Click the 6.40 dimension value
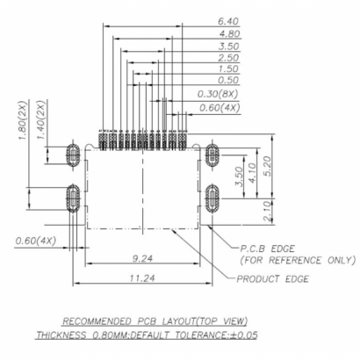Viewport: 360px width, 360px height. click(x=227, y=21)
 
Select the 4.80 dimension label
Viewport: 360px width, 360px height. click(x=227, y=34)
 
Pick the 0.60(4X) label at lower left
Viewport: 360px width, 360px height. click(x=35, y=240)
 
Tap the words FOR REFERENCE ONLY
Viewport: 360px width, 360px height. click(x=298, y=260)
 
